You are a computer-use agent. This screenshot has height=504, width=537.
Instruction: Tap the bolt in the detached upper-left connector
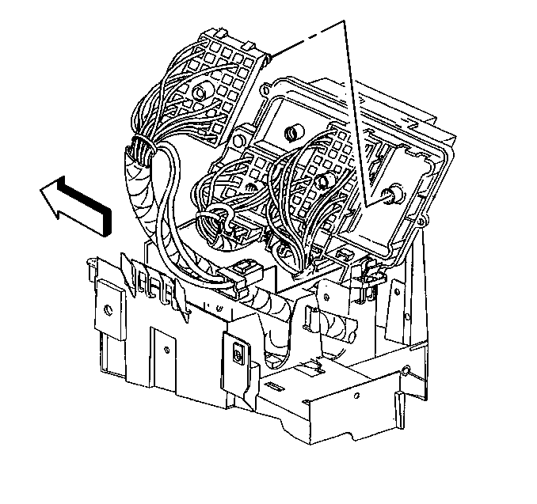pyautogui.click(x=197, y=98)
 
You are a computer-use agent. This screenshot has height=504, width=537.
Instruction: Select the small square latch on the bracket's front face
pyautogui.click(x=237, y=356)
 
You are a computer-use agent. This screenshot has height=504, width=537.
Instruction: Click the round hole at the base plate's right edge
pyautogui.click(x=406, y=369)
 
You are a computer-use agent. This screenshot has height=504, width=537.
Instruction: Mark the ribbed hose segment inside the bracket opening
pyautogui.click(x=331, y=325)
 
